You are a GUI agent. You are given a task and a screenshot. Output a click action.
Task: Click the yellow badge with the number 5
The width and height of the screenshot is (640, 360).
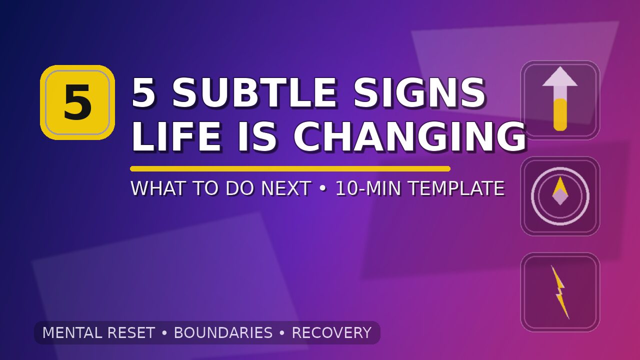click(77, 102)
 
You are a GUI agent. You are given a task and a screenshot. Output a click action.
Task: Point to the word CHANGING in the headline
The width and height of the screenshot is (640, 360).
click(409, 137)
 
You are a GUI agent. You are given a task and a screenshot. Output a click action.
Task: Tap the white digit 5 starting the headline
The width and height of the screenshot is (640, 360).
click(143, 93)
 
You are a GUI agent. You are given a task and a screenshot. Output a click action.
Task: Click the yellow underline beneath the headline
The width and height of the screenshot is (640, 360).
click(290, 168)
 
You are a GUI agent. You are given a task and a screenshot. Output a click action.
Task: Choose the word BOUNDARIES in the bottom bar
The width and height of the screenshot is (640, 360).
click(223, 333)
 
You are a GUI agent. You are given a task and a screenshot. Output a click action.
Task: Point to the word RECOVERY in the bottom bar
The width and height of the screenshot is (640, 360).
click(331, 333)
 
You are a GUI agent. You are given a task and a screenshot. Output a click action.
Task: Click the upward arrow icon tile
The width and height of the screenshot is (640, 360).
click(560, 100)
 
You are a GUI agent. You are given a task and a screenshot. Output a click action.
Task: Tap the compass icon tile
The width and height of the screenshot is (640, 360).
click(560, 196)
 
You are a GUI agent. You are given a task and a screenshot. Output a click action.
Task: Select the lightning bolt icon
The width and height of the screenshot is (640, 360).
click(560, 292)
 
